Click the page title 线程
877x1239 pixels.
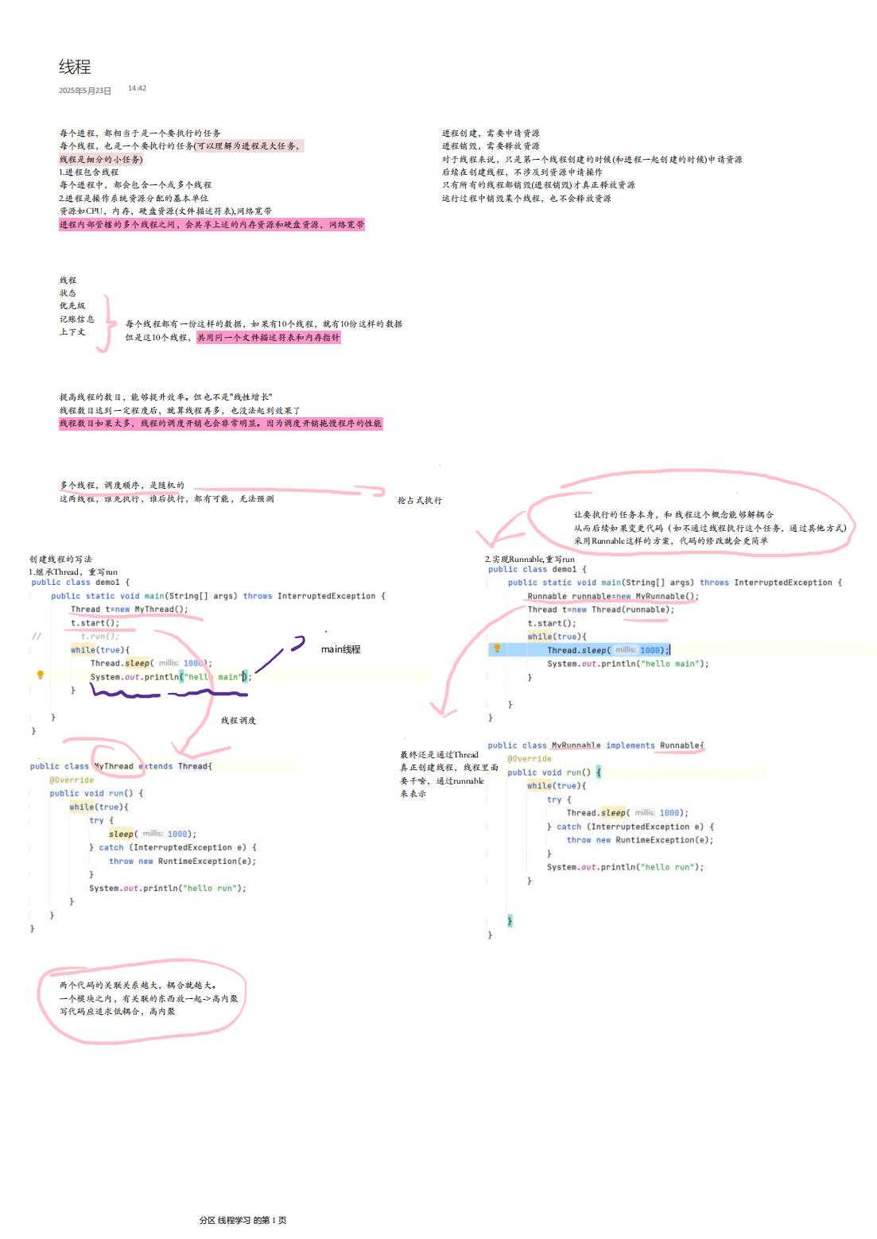click(x=75, y=67)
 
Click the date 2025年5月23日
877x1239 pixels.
click(x=85, y=91)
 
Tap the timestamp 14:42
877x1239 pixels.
click(x=137, y=88)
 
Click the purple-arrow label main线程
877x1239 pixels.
click(x=340, y=649)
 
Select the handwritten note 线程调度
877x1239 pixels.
click(x=238, y=721)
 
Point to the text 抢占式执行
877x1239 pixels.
click(x=419, y=501)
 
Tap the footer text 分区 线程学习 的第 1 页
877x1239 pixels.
click(x=243, y=1220)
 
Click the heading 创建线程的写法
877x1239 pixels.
click(x=60, y=559)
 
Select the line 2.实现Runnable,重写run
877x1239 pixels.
click(x=530, y=559)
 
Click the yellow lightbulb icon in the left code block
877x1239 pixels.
click(x=41, y=675)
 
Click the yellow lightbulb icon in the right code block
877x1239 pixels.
click(x=497, y=649)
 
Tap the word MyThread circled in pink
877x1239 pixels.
click(x=114, y=766)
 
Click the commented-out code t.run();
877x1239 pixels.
click(x=99, y=636)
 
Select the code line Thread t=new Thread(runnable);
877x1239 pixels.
click(x=600, y=610)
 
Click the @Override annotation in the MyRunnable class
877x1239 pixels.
click(x=530, y=759)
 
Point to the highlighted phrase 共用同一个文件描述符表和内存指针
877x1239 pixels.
click(x=269, y=337)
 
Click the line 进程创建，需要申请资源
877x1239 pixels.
click(x=491, y=134)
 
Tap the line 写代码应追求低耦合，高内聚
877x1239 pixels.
click(x=118, y=1012)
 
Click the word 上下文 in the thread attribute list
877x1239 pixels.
click(x=72, y=331)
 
